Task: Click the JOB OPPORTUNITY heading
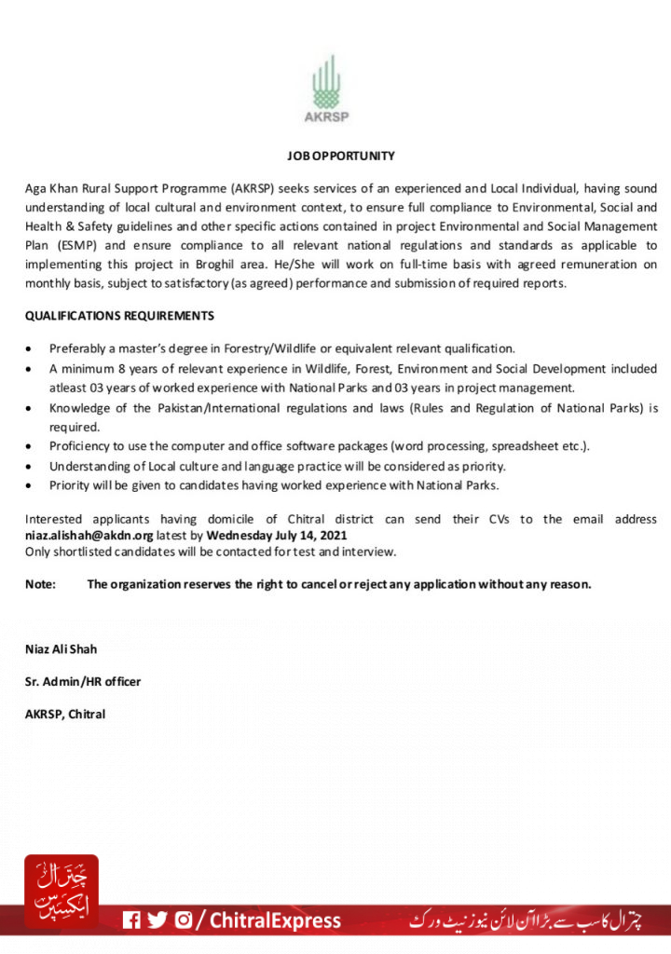(x=341, y=157)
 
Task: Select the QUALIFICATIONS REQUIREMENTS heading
(x=119, y=317)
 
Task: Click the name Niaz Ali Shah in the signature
(x=61, y=649)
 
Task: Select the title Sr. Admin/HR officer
(x=83, y=682)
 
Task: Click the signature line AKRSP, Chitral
(x=65, y=715)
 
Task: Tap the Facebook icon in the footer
(x=132, y=920)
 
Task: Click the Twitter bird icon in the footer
(x=157, y=920)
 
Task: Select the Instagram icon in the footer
(x=184, y=920)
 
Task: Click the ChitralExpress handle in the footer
(x=275, y=921)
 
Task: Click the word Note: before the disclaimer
(x=41, y=584)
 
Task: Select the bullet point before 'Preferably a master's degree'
(x=31, y=348)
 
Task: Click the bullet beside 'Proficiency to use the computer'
(x=31, y=446)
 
